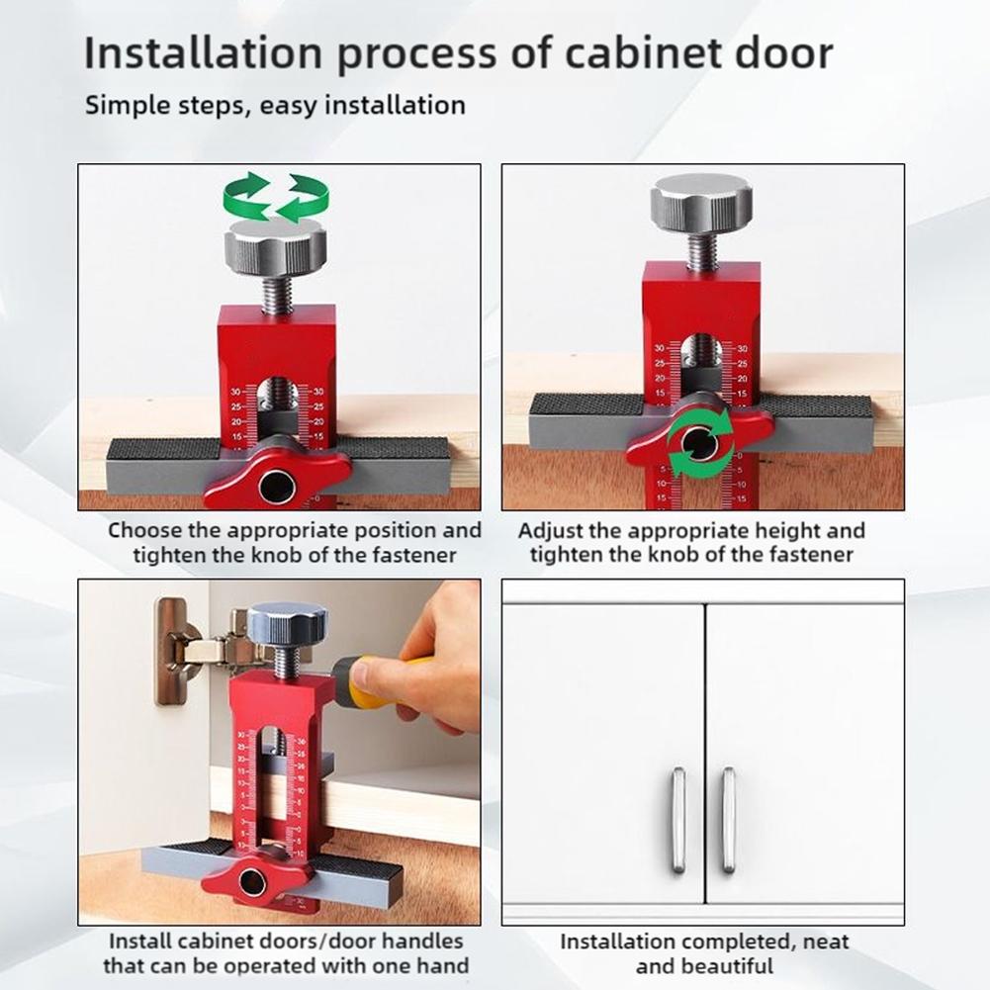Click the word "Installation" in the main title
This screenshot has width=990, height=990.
pos(204,52)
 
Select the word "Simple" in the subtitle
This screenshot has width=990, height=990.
pos(125,106)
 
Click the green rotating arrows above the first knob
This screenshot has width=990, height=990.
pos(276,197)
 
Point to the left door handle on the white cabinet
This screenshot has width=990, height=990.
pos(678,820)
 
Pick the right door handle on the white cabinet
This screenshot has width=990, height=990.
pos(728,820)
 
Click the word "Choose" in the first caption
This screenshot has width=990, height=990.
pos(144,530)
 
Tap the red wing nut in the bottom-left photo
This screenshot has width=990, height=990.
pos(255,879)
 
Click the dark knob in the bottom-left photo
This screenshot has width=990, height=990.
pos(287,623)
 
